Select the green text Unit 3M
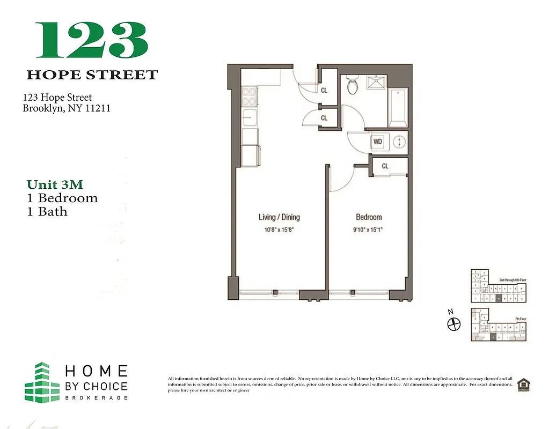pos(55,184)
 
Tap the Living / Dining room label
pos(279,217)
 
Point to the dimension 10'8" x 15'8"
pos(279,229)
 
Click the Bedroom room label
pos(369,217)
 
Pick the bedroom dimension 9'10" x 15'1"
pos(369,229)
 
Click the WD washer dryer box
pos(378,142)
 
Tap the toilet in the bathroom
pos(353,86)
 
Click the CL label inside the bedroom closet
pos(385,166)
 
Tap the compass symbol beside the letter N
pos(454,324)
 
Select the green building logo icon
pos(41,382)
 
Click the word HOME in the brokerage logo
pos(96,371)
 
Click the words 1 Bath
pos(47,211)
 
